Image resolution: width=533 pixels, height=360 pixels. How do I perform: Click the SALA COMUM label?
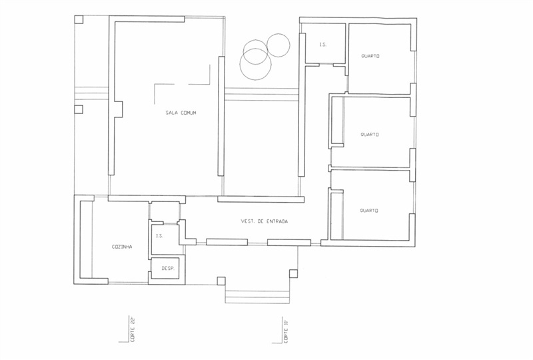coord(181,113)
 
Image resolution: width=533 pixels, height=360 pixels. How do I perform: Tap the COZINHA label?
coord(122,247)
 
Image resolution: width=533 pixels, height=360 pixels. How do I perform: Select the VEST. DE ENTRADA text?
coord(265,221)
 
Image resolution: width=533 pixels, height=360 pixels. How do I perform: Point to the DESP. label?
coord(168,268)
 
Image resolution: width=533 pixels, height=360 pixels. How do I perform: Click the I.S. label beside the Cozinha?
coord(159,235)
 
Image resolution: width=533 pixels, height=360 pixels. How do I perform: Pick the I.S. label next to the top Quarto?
coord(322,44)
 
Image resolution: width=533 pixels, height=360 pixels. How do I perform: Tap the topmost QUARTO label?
coord(370,56)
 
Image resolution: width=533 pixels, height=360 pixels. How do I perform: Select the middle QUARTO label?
coord(370,135)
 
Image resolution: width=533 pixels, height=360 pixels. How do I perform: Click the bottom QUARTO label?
coord(369,211)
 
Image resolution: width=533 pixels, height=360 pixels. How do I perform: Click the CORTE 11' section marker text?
coord(286,330)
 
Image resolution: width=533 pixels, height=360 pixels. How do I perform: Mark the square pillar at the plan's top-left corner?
coord(79,19)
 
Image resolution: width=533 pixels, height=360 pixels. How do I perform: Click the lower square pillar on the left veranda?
coord(79,109)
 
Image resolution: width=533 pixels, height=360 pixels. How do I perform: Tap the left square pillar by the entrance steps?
coord(221,281)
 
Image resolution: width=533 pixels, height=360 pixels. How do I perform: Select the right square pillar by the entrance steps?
coord(293,273)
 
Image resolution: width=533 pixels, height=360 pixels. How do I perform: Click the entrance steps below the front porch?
coord(257,297)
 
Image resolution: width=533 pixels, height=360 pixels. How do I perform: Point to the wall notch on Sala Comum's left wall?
coord(119,109)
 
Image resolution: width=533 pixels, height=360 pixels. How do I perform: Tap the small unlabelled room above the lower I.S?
coord(165,211)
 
